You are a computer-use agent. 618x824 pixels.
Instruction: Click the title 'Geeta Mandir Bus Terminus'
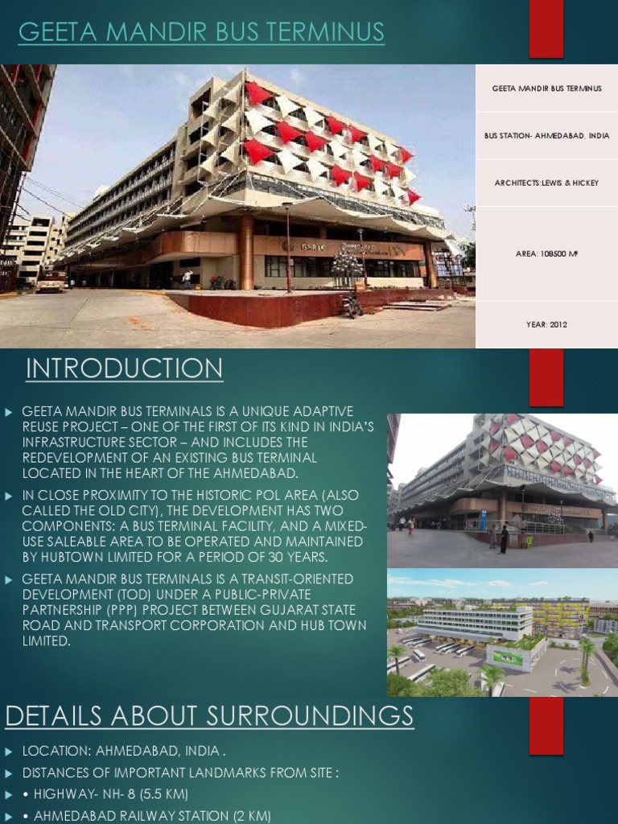tap(201, 33)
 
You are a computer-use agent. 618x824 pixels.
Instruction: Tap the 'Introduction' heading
tap(124, 369)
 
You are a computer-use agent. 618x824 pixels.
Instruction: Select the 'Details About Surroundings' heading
tap(209, 715)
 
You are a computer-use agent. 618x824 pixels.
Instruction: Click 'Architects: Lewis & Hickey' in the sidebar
tap(546, 183)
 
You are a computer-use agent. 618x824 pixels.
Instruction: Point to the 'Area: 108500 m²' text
tap(546, 253)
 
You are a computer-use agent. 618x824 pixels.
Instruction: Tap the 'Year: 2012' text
tap(546, 325)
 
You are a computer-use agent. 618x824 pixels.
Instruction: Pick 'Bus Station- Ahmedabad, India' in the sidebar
tap(546, 136)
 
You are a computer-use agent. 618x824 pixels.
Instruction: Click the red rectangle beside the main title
tap(546, 29)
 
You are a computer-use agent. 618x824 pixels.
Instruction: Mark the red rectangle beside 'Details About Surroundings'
tap(546, 728)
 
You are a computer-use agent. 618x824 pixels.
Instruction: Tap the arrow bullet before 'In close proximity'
tap(9, 496)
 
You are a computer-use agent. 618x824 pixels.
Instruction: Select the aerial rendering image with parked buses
tap(502, 633)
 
